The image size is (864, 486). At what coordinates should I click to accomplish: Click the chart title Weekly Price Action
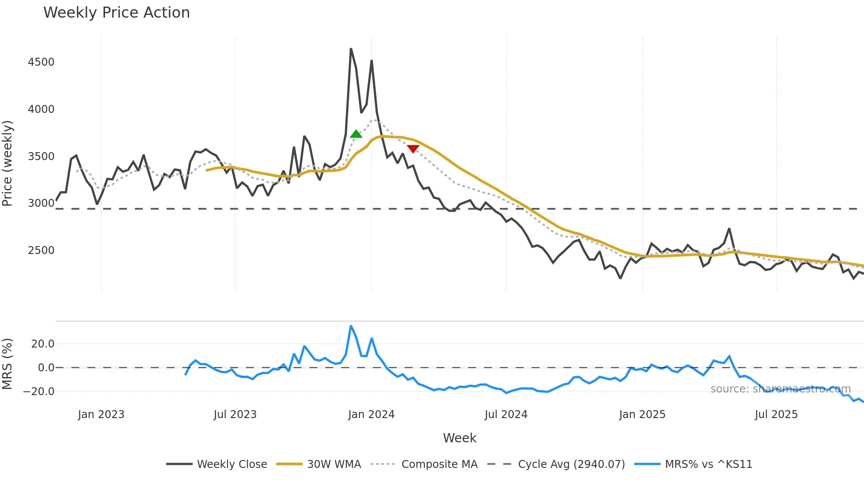(x=116, y=12)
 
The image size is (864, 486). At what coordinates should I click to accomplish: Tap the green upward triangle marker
(x=356, y=134)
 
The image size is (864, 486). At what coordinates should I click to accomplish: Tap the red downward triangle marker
(x=413, y=149)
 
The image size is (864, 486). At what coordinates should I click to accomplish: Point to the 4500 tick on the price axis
(x=41, y=62)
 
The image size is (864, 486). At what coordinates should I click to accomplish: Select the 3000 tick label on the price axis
(x=41, y=203)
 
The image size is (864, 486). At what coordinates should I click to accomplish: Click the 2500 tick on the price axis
(x=41, y=250)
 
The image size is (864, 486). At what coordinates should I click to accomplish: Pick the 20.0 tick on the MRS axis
(x=43, y=344)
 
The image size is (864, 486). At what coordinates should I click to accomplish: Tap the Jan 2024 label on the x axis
(x=371, y=415)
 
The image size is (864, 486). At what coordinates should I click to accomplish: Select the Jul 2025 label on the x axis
(x=776, y=415)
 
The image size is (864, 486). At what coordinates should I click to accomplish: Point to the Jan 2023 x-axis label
(x=101, y=415)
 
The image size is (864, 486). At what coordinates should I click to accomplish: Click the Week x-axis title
(x=459, y=438)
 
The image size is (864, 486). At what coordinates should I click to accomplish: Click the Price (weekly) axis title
(x=7, y=163)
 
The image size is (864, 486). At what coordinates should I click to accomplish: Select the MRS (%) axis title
(x=7, y=364)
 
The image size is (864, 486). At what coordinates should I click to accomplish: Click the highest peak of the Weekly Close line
(x=351, y=49)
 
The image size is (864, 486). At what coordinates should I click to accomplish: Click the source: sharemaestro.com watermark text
(x=780, y=389)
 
